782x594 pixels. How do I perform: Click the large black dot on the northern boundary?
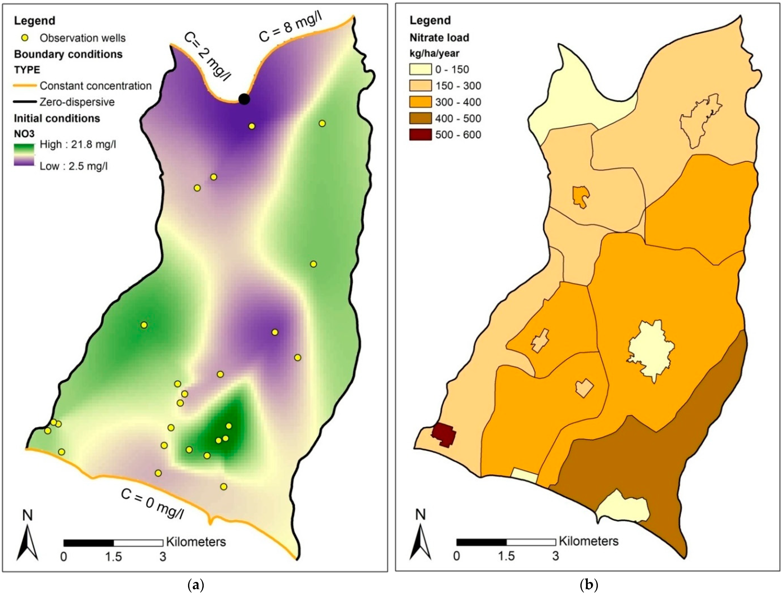tap(244, 99)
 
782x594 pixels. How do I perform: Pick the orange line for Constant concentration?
tap(25, 85)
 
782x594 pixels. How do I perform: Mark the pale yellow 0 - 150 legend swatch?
tap(420, 69)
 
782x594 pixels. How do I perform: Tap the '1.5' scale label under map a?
tap(113, 557)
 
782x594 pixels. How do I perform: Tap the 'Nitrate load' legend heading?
tap(439, 38)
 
